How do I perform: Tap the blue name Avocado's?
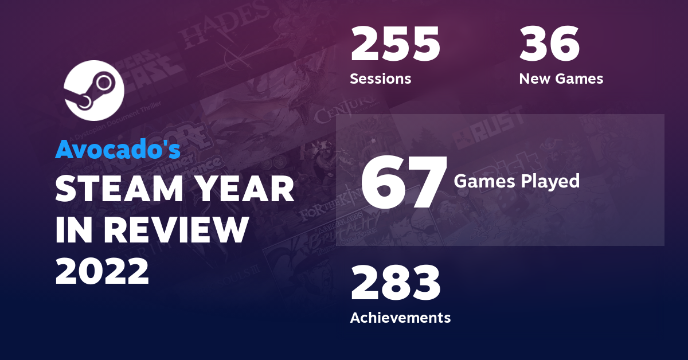(118, 150)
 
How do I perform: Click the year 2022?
(102, 271)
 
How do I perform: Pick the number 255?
(395, 45)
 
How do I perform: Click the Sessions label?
(380, 79)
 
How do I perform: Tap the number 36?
(549, 45)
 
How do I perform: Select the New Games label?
(561, 79)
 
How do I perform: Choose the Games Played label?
(516, 182)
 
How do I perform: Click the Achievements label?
(400, 317)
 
